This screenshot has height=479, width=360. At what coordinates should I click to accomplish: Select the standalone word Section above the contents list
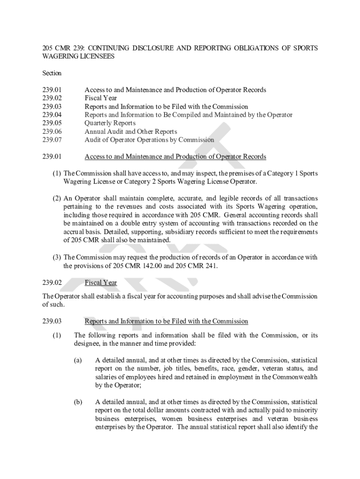click(52, 73)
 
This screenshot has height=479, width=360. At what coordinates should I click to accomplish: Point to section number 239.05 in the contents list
click(52, 123)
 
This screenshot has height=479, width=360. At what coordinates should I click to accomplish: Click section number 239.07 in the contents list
click(52, 139)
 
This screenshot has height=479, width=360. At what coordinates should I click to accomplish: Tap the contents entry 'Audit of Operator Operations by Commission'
click(149, 139)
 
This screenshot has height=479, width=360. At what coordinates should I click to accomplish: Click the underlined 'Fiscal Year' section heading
click(101, 283)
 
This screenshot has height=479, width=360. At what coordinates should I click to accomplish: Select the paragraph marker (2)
click(57, 198)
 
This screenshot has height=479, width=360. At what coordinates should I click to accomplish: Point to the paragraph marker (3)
click(57, 257)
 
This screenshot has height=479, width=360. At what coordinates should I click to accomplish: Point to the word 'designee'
click(87, 343)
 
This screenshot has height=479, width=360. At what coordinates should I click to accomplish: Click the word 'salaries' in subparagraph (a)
click(106, 377)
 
